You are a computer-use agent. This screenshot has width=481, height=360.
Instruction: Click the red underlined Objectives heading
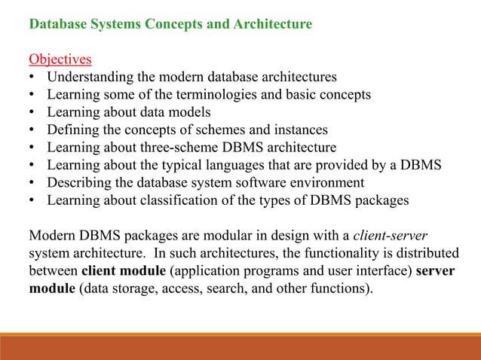tap(60, 59)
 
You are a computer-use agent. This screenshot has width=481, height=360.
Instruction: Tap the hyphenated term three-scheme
tap(200, 147)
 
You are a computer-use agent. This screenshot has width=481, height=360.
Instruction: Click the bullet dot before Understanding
tap(31, 78)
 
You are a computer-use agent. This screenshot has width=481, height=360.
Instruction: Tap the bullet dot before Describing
tap(31, 183)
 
